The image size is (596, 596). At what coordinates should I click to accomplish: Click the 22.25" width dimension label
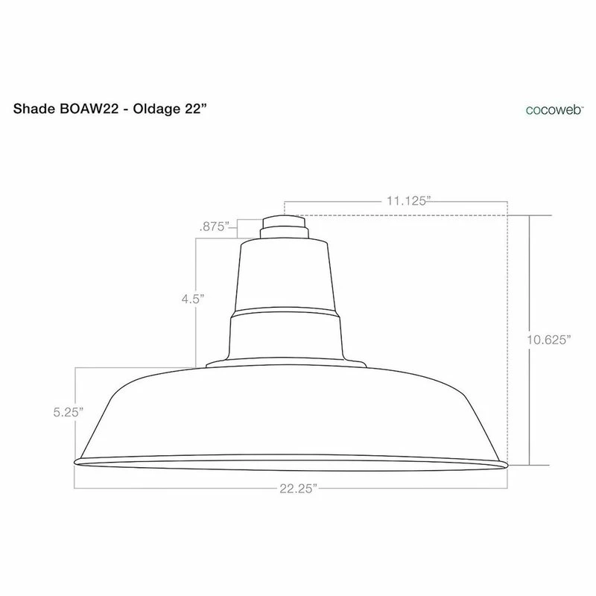299,489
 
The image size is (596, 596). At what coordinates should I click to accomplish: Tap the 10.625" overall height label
549,340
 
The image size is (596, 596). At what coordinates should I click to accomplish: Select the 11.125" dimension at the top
409,200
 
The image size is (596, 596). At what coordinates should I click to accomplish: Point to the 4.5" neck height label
193,299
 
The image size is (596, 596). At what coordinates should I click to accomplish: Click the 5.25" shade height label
69,412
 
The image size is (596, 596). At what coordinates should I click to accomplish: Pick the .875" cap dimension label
215,226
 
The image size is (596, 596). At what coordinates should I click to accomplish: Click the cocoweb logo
554,110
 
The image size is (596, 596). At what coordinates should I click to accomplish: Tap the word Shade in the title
34,109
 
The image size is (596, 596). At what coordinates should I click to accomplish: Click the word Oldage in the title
156,110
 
